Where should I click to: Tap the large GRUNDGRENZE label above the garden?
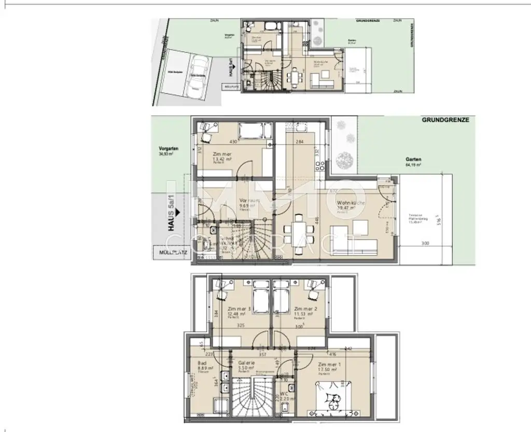445,119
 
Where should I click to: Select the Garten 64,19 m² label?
414,162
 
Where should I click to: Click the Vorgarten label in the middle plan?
168,151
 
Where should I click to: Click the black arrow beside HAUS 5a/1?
176,212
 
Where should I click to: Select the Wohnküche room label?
351,205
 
